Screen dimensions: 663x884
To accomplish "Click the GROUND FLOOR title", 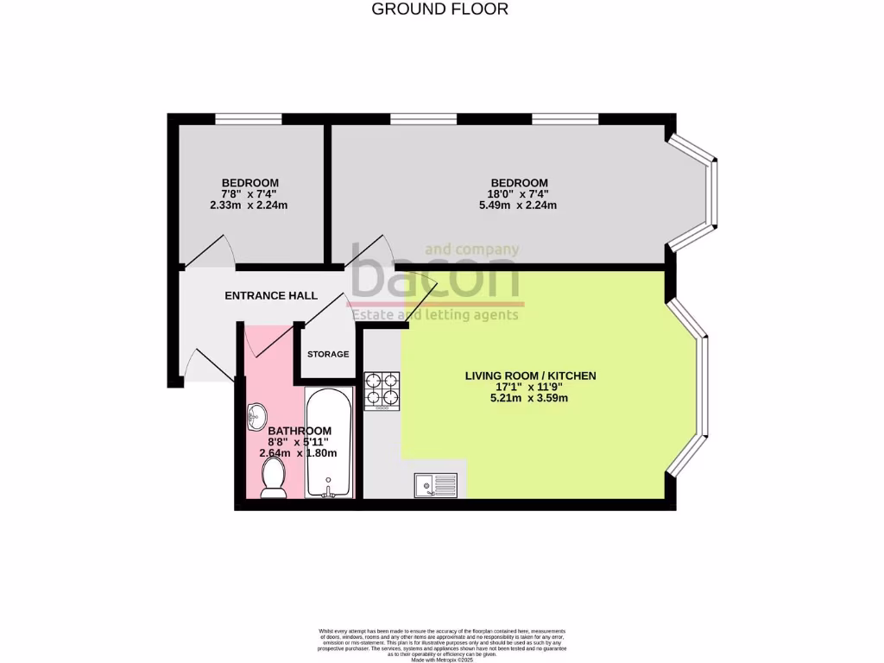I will pyautogui.click(x=439, y=9).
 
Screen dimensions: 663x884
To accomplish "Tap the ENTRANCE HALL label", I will pyautogui.click(x=271, y=296).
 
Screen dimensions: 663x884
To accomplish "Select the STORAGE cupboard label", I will pyautogui.click(x=328, y=354).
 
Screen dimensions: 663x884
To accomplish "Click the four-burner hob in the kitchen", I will pyautogui.click(x=382, y=390).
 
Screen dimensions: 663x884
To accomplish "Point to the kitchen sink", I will pyautogui.click(x=435, y=486).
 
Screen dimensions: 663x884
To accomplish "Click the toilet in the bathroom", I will pyautogui.click(x=274, y=477).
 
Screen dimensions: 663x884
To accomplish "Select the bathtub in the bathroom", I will pyautogui.click(x=328, y=442).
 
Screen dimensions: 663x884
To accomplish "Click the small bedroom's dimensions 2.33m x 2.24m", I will pyautogui.click(x=249, y=205).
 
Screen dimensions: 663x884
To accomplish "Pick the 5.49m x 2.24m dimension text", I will pyautogui.click(x=518, y=205).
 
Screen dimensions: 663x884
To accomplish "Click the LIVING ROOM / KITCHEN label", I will pyautogui.click(x=530, y=376).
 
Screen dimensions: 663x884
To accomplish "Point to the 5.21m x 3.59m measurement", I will pyautogui.click(x=530, y=398).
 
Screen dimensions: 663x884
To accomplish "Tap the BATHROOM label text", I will pyautogui.click(x=300, y=431).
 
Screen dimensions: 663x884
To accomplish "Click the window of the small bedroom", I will pyautogui.click(x=248, y=119).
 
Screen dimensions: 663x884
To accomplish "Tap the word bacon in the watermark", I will pyautogui.click(x=435, y=277).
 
